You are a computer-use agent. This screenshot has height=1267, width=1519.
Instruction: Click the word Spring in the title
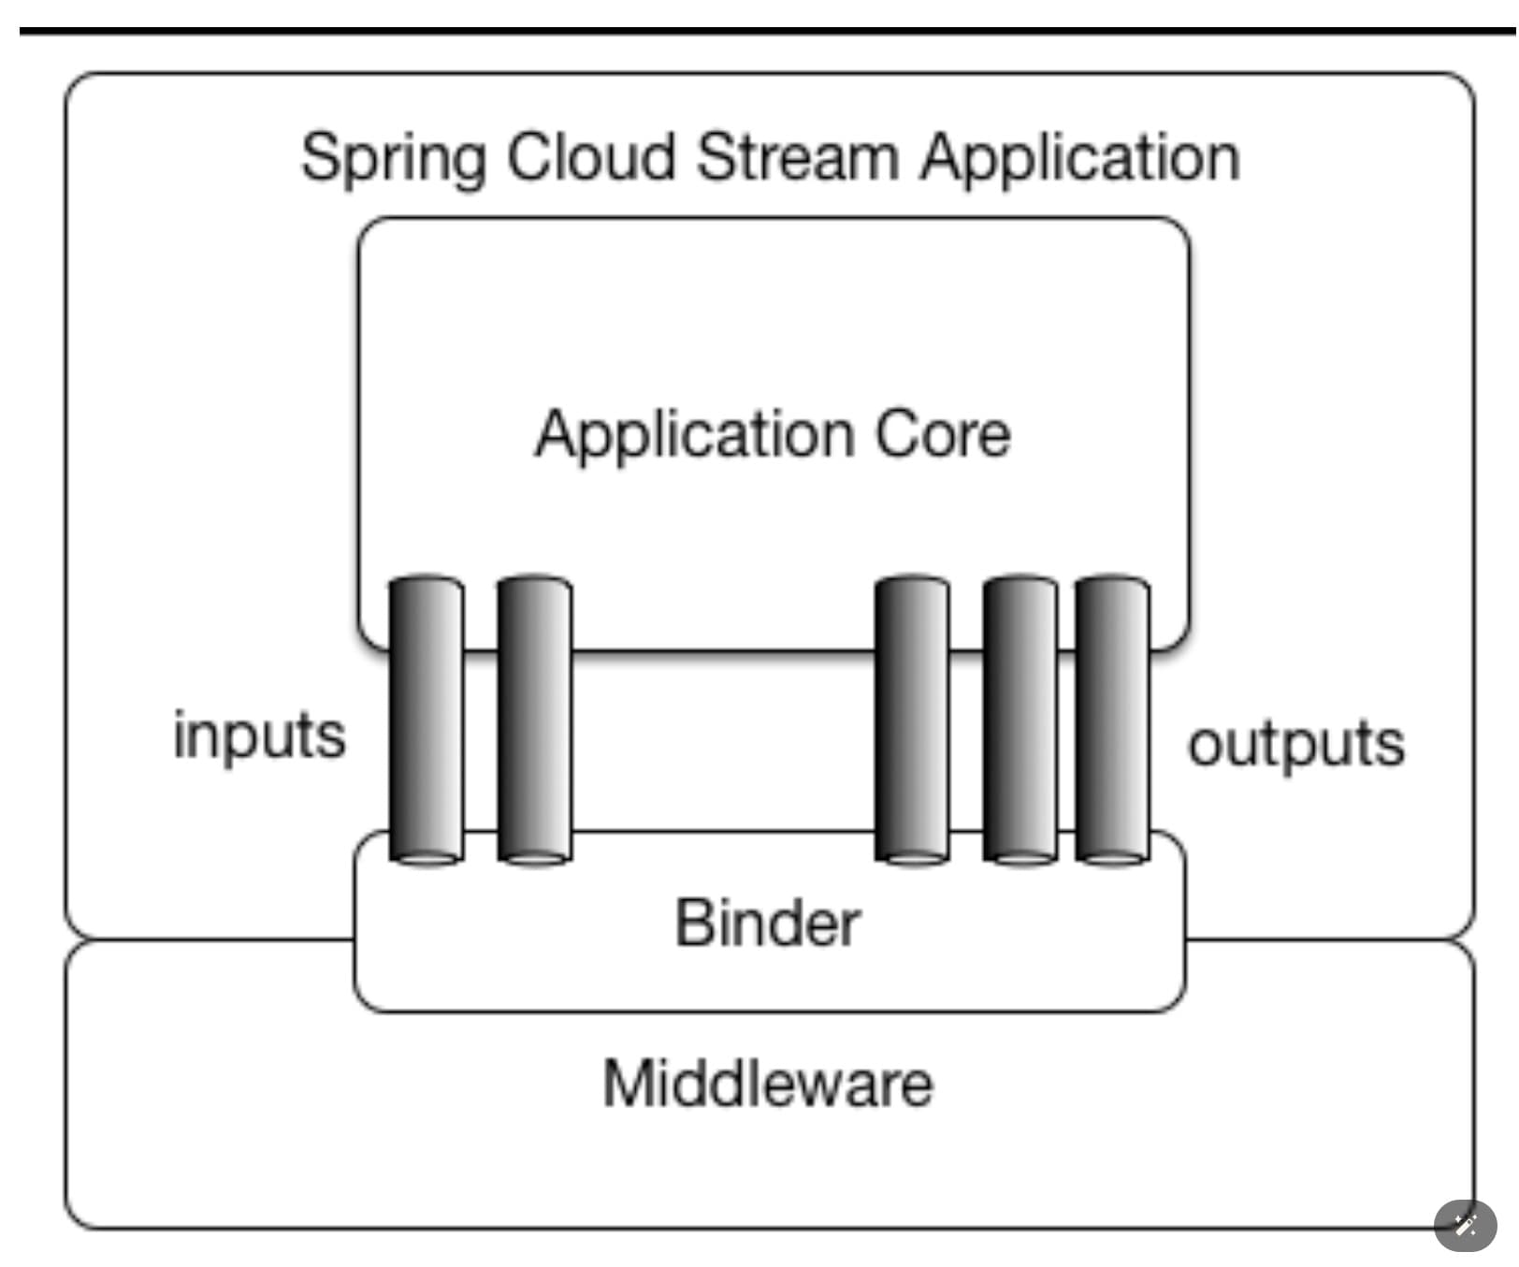pyautogui.click(x=393, y=158)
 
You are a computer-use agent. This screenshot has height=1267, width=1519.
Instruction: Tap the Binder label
pyautogui.click(x=767, y=924)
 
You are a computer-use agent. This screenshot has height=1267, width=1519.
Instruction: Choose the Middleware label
pyautogui.click(x=767, y=1084)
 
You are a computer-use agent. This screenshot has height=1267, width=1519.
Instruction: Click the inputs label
pyautogui.click(x=259, y=735)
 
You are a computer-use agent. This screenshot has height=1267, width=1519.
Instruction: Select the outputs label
pyautogui.click(x=1295, y=744)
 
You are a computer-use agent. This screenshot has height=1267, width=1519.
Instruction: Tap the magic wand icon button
pyautogui.click(x=1465, y=1225)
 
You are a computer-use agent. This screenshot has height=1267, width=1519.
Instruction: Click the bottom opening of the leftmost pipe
pyautogui.click(x=427, y=858)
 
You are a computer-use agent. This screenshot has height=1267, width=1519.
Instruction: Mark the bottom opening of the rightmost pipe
pyautogui.click(x=1112, y=858)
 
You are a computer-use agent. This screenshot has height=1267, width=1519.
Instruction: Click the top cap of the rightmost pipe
pyautogui.click(x=1112, y=583)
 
